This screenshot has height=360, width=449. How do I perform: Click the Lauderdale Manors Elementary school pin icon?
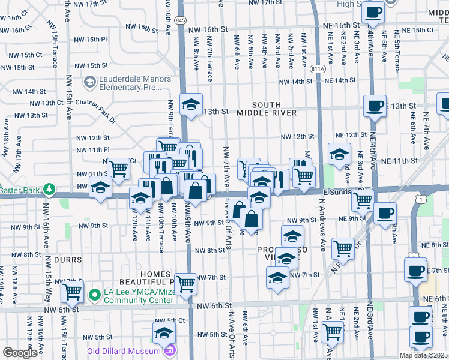[89, 81]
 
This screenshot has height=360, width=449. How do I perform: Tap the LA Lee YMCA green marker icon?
[94, 295]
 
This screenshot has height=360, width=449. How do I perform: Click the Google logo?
[20, 353]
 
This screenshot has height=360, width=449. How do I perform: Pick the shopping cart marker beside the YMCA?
[73, 292]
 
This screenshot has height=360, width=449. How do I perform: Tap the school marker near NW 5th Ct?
[164, 332]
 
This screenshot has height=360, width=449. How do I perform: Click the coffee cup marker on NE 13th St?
[375, 106]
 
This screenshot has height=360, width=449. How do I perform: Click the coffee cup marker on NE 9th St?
[385, 212]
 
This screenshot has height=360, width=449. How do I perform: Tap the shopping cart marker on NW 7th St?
[186, 283]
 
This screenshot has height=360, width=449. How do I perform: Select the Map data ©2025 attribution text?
[424, 355]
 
